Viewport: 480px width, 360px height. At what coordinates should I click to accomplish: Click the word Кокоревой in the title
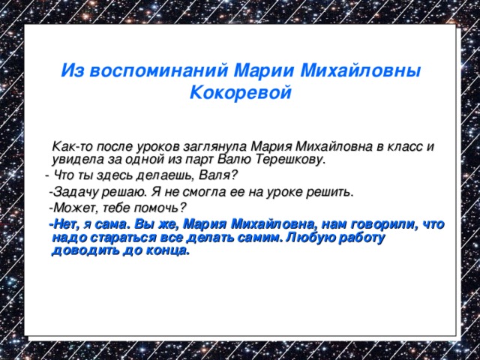240,94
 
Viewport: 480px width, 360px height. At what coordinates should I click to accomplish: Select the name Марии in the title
265,70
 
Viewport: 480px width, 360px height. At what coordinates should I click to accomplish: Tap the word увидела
76,159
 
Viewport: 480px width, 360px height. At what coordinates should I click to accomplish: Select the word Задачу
76,192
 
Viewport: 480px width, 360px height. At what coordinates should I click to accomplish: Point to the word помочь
160,208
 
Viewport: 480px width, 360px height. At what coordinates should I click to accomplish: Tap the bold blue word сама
112,223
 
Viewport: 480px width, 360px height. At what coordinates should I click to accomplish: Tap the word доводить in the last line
79,252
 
